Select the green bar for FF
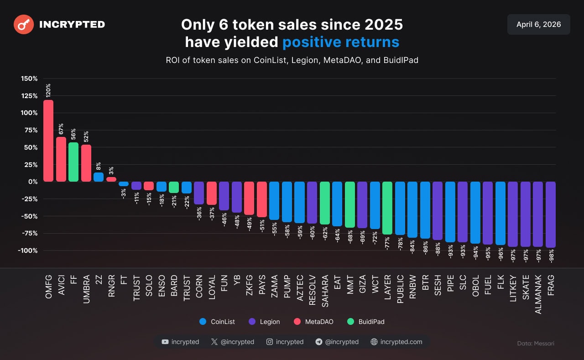coord(73,162)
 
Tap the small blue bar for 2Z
coord(99,177)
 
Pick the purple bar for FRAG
coord(551,214)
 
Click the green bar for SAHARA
coord(324,203)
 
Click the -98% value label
coord(551,256)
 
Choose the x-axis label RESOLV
coord(312,289)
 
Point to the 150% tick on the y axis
coord(29,78)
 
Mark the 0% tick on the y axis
coord(33,182)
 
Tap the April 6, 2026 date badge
coord(538,25)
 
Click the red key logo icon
coord(24,25)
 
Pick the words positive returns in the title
coord(341,42)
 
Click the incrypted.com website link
coord(396,342)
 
